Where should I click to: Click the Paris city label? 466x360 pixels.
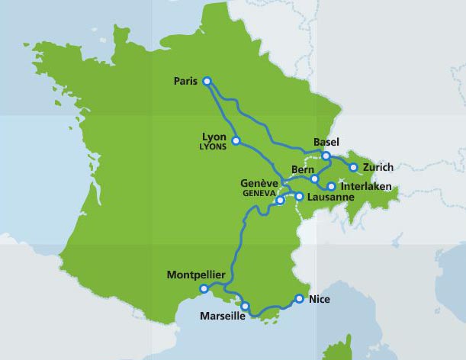click(185, 81)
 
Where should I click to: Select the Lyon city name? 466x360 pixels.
click(214, 137)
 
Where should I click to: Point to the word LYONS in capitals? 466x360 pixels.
click(213, 146)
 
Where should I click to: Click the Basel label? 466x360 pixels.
click(326, 142)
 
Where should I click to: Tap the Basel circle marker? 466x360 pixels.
click(326, 156)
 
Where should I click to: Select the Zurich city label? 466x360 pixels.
click(378, 167)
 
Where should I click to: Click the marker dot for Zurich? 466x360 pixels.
click(353, 167)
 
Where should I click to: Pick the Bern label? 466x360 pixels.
click(303, 169)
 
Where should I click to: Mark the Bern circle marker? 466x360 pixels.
click(314, 178)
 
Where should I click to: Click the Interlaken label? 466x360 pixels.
click(367, 186)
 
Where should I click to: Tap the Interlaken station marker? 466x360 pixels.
click(331, 186)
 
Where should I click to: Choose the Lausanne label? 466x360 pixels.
click(330, 197)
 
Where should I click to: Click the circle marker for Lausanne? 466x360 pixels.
click(299, 197)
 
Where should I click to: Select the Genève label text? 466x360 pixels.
click(259, 184)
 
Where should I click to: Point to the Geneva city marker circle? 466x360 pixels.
click(280, 201)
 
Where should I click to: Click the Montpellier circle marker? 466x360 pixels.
click(204, 288)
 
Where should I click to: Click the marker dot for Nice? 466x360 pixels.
click(300, 299)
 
